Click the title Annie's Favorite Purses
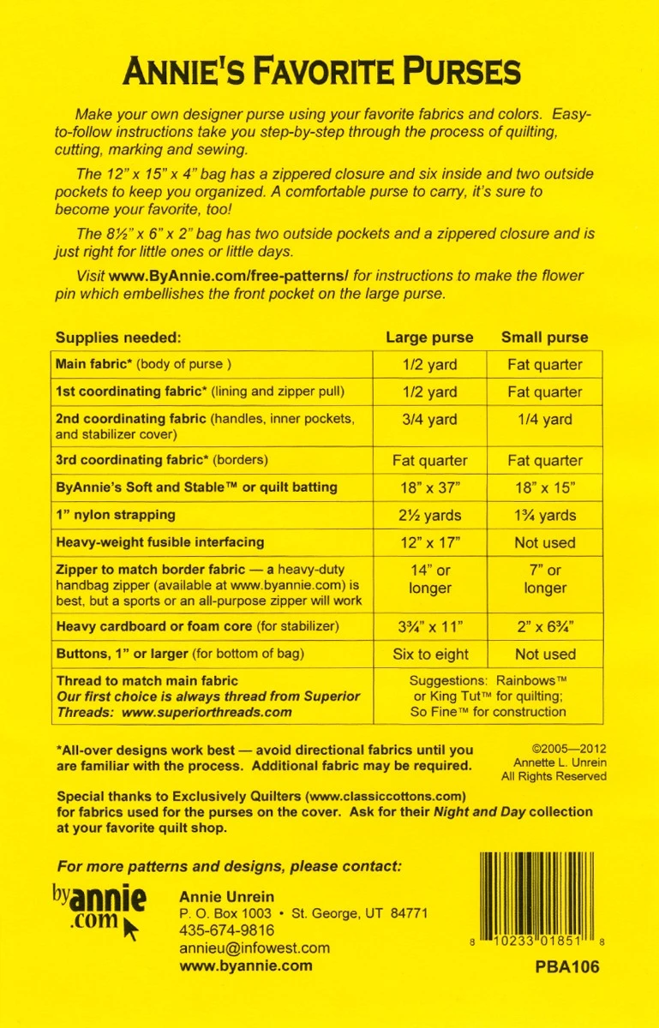[x=321, y=71]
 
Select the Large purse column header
[x=429, y=337]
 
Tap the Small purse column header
[x=545, y=337]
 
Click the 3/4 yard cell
[x=429, y=420]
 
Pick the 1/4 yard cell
[x=545, y=420]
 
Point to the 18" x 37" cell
[x=429, y=487]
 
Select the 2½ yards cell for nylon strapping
[x=429, y=515]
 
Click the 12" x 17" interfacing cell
[x=429, y=542]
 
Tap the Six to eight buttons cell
[x=429, y=654]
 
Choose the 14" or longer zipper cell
[x=429, y=579]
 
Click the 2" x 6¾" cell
[x=545, y=626]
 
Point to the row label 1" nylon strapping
[x=116, y=515]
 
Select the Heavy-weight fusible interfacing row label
[x=159, y=542]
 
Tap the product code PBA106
[x=566, y=967]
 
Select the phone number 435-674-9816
[x=227, y=930]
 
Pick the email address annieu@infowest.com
[x=255, y=948]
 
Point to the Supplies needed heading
[x=118, y=338]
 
